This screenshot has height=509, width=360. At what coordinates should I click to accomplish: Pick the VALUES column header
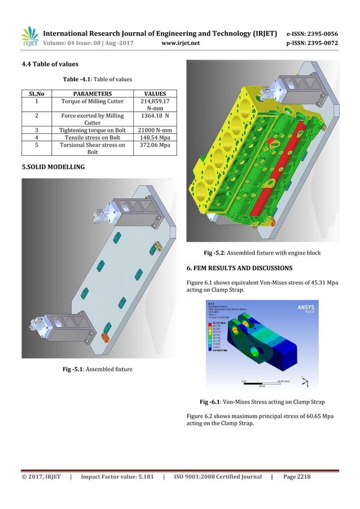pos(154,93)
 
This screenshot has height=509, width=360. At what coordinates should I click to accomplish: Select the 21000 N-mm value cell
pos(154,128)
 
